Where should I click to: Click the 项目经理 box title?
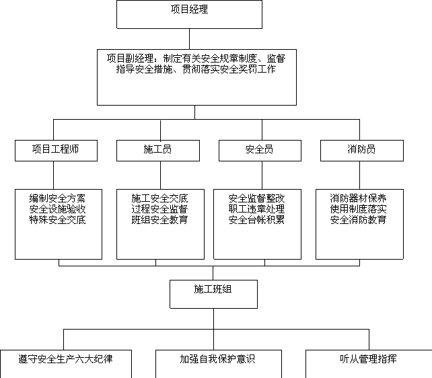click(189, 9)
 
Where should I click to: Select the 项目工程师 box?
click(57, 151)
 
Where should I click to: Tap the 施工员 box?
click(158, 151)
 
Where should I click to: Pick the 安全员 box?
click(260, 151)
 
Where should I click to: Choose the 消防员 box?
click(362, 151)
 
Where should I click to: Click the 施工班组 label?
click(213, 289)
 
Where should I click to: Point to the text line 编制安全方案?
click(57, 198)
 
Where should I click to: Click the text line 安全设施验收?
click(57, 209)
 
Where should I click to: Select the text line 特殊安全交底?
click(57, 220)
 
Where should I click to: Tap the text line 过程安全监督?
click(159, 209)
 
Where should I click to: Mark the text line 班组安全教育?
click(159, 220)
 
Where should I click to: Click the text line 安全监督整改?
click(256, 198)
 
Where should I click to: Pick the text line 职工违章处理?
click(256, 209)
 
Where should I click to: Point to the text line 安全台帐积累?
click(256, 220)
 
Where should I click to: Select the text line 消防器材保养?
click(358, 198)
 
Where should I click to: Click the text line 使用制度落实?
click(358, 209)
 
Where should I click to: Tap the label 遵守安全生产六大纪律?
click(65, 359)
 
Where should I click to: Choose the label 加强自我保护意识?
click(217, 359)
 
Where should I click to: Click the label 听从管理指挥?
click(368, 359)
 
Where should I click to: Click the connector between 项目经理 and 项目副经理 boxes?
click(189, 39)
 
